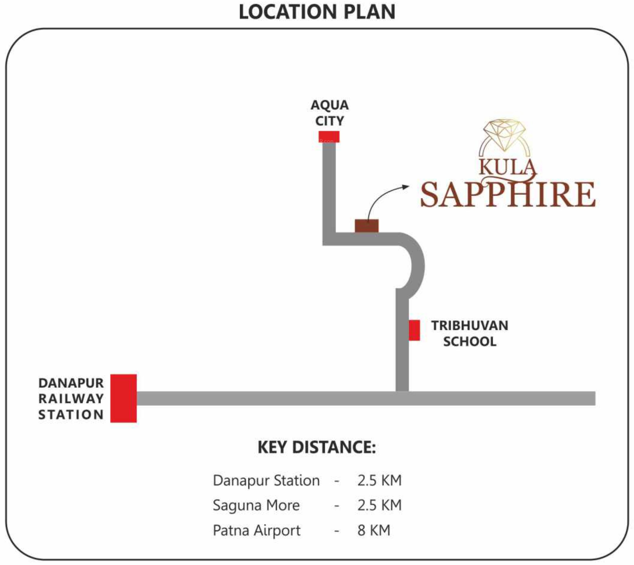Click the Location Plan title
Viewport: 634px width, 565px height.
(x=317, y=12)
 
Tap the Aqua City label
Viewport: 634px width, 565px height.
(x=330, y=113)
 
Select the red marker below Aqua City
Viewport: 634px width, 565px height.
(x=329, y=137)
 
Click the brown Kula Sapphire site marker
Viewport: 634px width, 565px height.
(x=367, y=226)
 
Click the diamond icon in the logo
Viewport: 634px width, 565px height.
(x=505, y=134)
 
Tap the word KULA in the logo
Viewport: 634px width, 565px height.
(x=507, y=167)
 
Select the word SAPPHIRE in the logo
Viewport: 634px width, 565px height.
(x=508, y=194)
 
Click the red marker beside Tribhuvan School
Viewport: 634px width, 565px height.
(x=414, y=330)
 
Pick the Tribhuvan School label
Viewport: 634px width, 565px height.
(x=470, y=333)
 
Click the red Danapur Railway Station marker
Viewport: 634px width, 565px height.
(x=124, y=398)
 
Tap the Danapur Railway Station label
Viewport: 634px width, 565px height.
(x=71, y=399)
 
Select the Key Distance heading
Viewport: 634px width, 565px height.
(x=317, y=447)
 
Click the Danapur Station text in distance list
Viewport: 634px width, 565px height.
(x=266, y=480)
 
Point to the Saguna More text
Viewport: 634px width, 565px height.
(x=256, y=505)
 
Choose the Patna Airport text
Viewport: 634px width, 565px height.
(x=257, y=531)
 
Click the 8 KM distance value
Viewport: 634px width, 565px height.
(x=374, y=530)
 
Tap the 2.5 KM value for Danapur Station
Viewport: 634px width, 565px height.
(x=379, y=480)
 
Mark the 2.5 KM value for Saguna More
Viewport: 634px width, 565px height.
(x=379, y=505)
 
